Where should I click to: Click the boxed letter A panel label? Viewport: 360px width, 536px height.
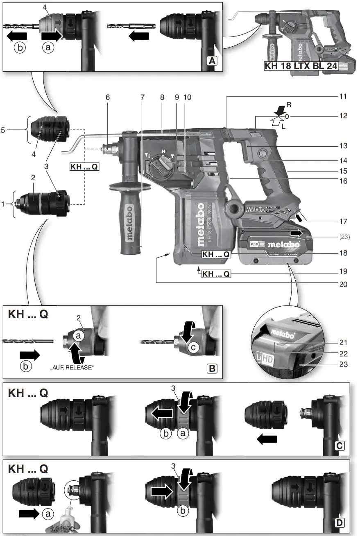[x=211, y=61]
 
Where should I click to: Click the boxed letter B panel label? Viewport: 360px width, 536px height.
[x=212, y=368]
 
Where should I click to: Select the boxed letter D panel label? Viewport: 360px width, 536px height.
[x=340, y=522]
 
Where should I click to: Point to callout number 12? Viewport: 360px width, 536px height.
[x=344, y=116]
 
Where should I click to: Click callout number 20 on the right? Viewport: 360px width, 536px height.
[x=343, y=284]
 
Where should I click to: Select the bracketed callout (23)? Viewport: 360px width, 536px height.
[x=345, y=236]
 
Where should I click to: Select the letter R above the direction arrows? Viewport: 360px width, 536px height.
[x=289, y=105]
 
